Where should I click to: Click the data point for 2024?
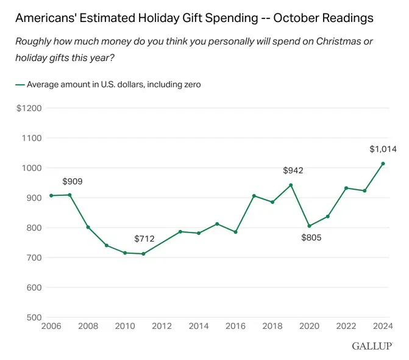coord(383,164)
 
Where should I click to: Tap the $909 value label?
coord(73,181)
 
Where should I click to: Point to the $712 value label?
coord(145,238)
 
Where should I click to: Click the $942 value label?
coord(293,170)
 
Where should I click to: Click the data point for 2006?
coord(51,196)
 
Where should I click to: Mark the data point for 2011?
coord(143,254)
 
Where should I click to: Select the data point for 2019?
coord(291,185)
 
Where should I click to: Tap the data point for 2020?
coord(309,226)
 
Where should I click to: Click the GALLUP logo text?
coord(371,347)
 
